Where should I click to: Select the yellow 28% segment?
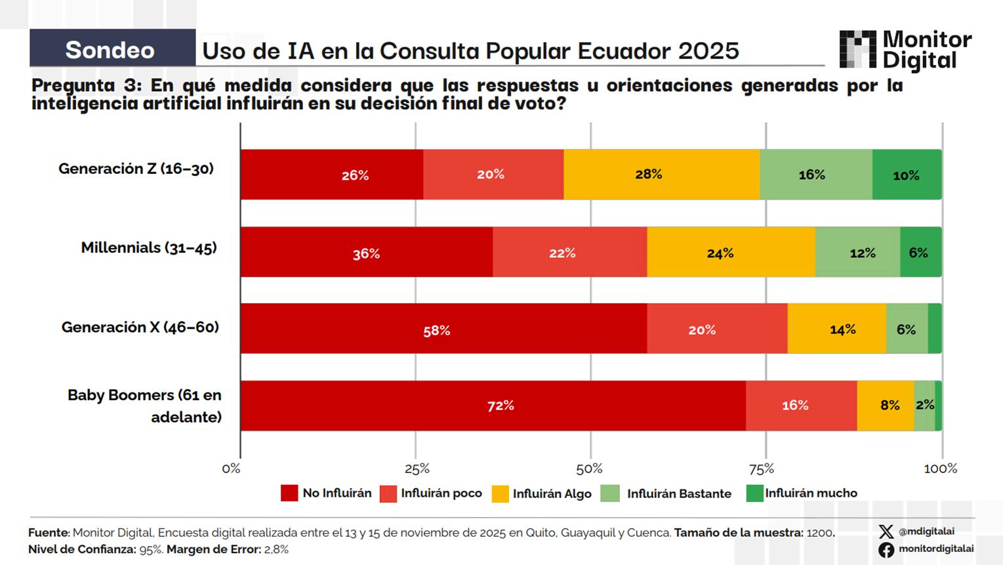661,175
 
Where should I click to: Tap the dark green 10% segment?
907,175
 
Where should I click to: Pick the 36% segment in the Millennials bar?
366,253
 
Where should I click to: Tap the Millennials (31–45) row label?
149,248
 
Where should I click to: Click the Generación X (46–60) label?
140,327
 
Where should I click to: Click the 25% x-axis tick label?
417,469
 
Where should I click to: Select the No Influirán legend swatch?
289,493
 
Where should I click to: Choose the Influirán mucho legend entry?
802,493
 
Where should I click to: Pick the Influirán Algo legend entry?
542,493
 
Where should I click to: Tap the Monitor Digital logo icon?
857,50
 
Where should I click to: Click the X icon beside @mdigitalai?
886,532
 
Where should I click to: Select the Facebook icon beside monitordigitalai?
886,549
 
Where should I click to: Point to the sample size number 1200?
819,533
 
